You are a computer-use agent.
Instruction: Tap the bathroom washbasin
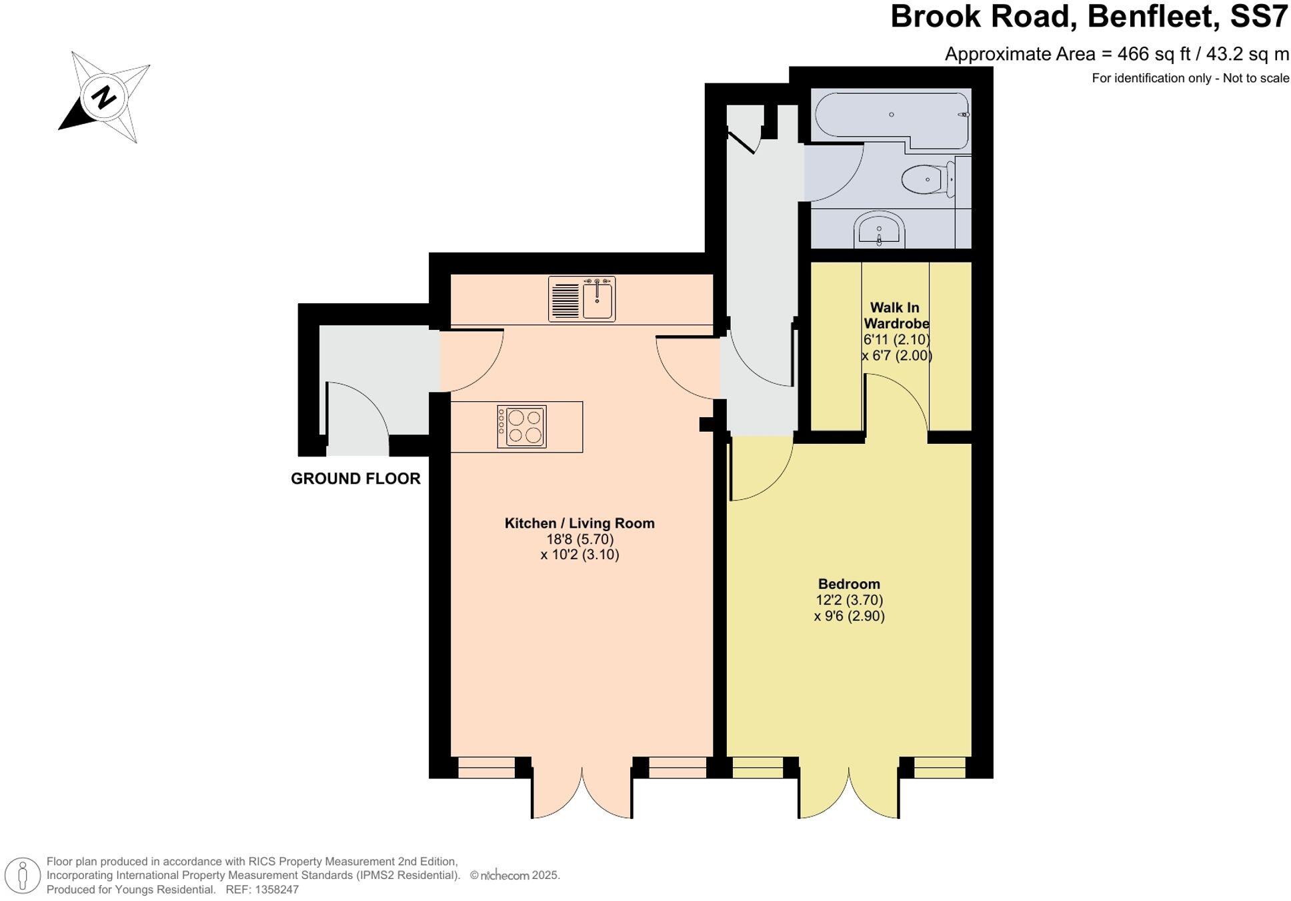tap(879, 230)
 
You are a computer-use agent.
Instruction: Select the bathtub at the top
tap(891, 119)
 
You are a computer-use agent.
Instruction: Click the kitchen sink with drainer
tap(581, 299)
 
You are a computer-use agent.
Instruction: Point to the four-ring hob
tap(521, 427)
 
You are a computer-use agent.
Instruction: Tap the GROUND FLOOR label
tap(355, 478)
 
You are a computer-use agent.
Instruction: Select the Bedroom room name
tap(849, 584)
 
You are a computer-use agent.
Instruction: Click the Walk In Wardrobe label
tap(896, 315)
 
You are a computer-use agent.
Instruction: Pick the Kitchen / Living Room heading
tap(579, 523)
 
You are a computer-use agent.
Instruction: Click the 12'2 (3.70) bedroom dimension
tap(849, 600)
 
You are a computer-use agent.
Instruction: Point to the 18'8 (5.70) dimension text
tap(579, 539)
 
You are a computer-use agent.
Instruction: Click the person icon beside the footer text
tap(23, 875)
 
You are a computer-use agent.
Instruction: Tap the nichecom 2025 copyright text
tap(515, 876)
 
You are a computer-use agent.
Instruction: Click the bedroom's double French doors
tap(848, 793)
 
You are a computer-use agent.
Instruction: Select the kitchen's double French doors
tap(581, 793)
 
